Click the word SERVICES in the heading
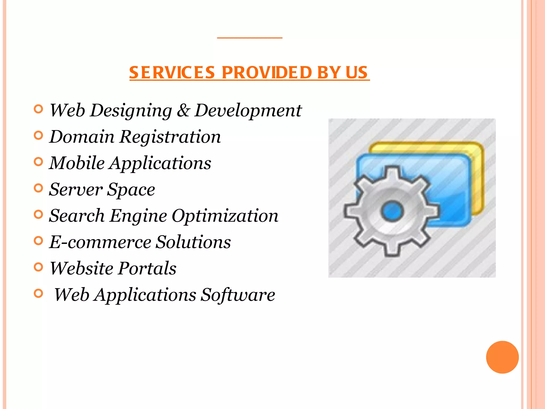click(x=172, y=72)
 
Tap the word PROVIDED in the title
click(x=267, y=72)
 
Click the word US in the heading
click(x=357, y=72)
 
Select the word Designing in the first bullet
click(x=131, y=111)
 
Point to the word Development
click(x=248, y=111)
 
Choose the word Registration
click(x=170, y=137)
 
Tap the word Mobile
click(x=77, y=163)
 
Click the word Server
click(x=76, y=190)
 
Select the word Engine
click(x=138, y=216)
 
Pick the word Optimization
click(x=225, y=216)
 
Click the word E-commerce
click(x=100, y=242)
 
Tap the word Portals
click(x=147, y=268)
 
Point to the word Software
click(x=238, y=295)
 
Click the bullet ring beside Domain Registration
click(x=39, y=135)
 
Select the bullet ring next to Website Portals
click(x=39, y=267)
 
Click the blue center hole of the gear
click(x=392, y=211)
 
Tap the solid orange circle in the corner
click(x=502, y=357)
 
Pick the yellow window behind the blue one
click(x=476, y=173)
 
